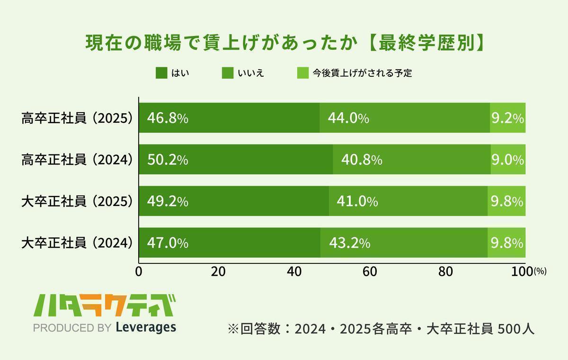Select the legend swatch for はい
coord(161,73)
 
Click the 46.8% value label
coord(168,118)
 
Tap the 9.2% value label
coord(507,118)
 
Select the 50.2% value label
coord(168,160)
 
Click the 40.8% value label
coord(362,160)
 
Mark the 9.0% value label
coord(507,160)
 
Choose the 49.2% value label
coord(168,202)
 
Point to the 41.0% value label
coord(357,202)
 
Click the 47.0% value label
coord(168,243)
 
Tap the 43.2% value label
coord(349,243)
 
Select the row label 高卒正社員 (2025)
coord(76,118)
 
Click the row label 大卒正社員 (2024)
coord(76,243)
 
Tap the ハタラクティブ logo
coord(105,306)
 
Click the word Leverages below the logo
coord(146,327)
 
